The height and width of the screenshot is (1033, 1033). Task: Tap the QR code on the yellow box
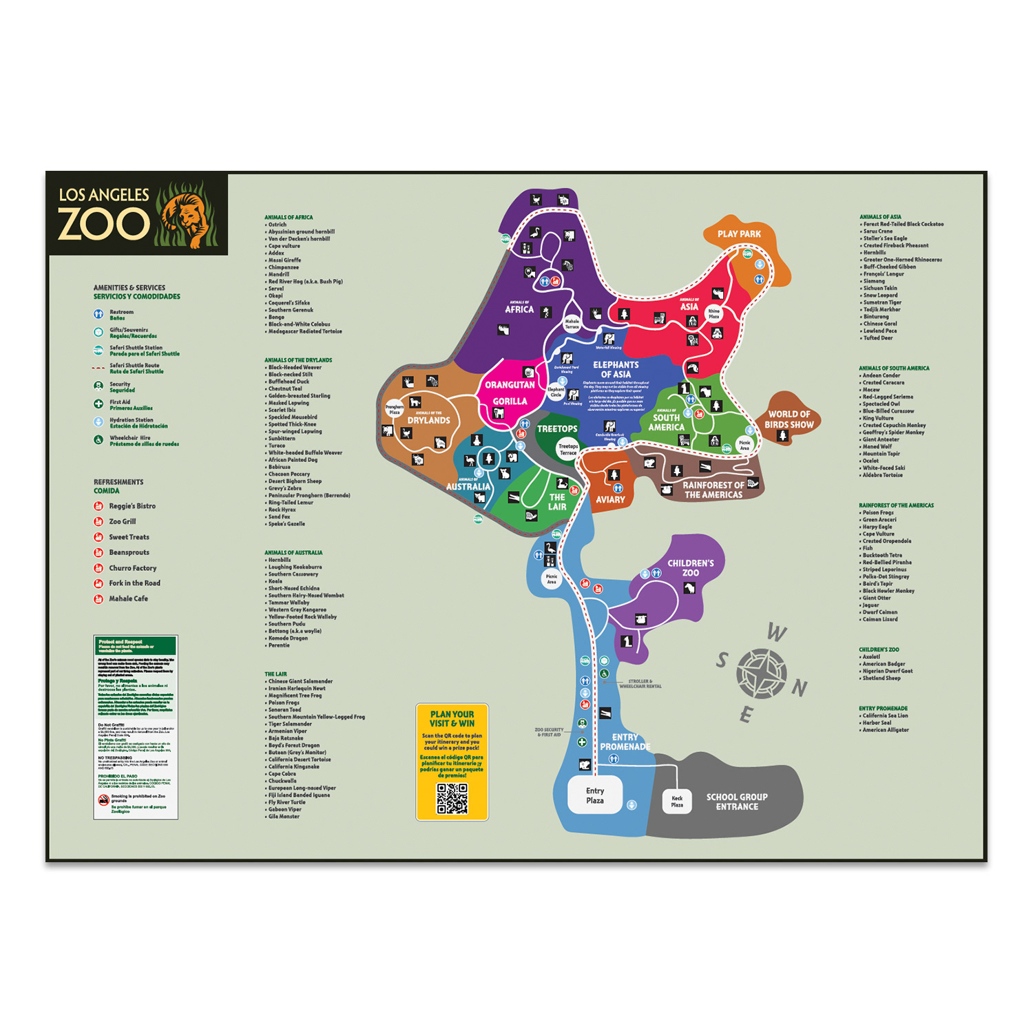pos(452,799)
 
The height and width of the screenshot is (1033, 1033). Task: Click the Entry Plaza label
pos(595,795)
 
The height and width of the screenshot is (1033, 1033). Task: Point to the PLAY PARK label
pos(739,234)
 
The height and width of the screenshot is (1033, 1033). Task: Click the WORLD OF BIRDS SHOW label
pos(789,419)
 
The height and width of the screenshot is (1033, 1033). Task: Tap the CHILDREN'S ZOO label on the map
pos(690,568)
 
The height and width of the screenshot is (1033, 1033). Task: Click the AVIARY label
pos(610,500)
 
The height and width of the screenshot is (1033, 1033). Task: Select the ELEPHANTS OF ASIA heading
pos(616,370)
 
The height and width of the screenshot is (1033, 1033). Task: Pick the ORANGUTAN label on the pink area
pos(510,385)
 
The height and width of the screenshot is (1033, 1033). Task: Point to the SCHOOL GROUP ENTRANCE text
pos(736,802)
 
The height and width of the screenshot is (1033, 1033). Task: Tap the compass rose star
pos(761,673)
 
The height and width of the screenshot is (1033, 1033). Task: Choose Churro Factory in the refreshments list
pos(132,568)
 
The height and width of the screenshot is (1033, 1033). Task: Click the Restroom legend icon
pos(98,315)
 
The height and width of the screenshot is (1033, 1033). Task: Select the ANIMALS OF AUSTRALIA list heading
pos(293,552)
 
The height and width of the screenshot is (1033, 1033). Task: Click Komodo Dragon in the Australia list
pos(288,638)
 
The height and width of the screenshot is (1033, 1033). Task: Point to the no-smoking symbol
pos(103,800)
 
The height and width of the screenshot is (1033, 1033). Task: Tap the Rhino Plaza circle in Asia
pos(714,314)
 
